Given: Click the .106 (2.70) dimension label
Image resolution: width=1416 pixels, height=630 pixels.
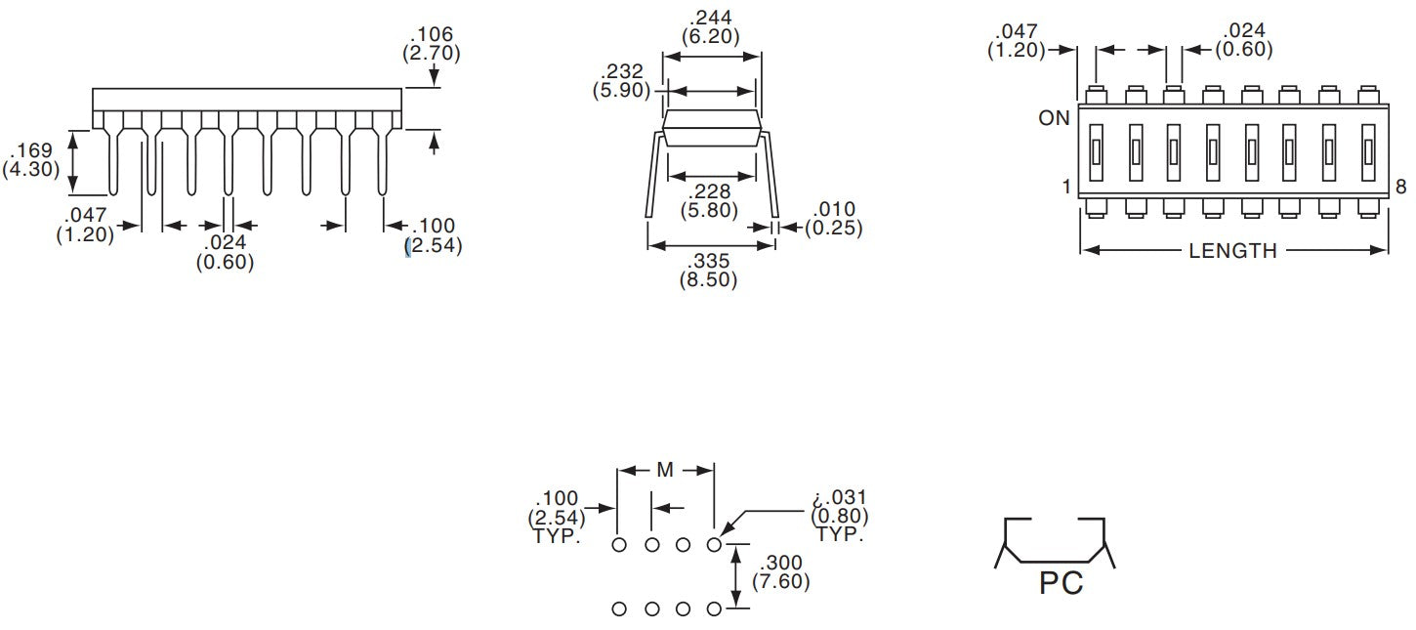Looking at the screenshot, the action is (x=431, y=44).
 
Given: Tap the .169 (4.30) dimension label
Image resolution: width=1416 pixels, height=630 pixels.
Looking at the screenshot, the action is (x=31, y=160).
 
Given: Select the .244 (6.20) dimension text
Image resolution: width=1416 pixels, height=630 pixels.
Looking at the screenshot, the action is (x=711, y=27).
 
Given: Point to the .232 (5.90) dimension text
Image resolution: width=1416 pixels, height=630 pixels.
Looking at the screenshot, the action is (x=621, y=80).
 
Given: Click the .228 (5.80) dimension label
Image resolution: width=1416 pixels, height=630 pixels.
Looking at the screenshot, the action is (x=709, y=200).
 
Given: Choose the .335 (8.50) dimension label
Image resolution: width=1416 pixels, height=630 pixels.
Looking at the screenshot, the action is (x=709, y=271).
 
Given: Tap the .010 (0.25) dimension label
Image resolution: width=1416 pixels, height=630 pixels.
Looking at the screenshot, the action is (x=834, y=218).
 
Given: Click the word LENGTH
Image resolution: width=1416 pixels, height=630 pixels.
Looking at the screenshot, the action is (x=1232, y=251).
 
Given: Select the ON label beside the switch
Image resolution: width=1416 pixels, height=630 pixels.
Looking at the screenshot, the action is (x=1054, y=118).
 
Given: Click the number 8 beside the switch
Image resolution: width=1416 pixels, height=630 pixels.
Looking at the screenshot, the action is (x=1400, y=187).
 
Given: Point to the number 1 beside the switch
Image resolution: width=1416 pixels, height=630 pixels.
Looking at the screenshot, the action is (x=1066, y=187).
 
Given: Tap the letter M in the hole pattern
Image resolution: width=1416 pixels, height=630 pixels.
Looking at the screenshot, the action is (x=665, y=470).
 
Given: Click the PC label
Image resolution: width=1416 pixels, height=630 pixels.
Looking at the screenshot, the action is (x=1062, y=582).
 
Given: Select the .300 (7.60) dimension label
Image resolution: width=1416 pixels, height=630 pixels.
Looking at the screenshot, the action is (x=781, y=571).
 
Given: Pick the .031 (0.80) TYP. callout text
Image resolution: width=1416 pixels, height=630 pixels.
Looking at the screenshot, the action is (x=840, y=516).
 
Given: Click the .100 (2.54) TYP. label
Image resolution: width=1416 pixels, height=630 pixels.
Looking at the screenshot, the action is (x=557, y=517).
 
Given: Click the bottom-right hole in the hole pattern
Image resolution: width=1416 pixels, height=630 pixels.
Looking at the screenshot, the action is (x=714, y=609).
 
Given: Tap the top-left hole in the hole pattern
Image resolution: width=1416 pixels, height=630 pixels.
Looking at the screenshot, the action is (x=619, y=545).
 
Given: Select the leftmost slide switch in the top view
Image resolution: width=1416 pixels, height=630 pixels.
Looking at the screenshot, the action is (x=1096, y=152).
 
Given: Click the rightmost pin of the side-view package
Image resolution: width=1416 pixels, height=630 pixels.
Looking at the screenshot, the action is (x=382, y=161).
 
